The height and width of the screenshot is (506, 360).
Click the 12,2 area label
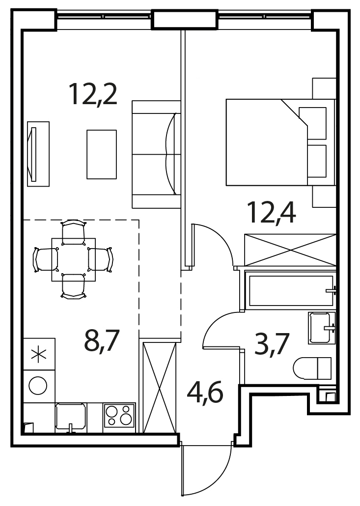[93, 94]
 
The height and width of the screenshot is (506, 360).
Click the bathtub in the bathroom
[291, 291]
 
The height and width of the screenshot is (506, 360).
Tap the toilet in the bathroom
[312, 368]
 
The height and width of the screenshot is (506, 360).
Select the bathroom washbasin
[322, 328]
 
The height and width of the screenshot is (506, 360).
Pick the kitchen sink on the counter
[71, 417]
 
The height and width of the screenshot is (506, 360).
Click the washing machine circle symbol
[38, 385]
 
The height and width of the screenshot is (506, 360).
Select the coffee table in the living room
[102, 154]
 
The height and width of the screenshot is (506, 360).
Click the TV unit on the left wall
[38, 154]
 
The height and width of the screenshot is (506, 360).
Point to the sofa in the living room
[156, 154]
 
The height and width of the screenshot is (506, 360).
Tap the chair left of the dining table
[46, 259]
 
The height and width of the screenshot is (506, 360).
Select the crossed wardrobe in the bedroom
[290, 250]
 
